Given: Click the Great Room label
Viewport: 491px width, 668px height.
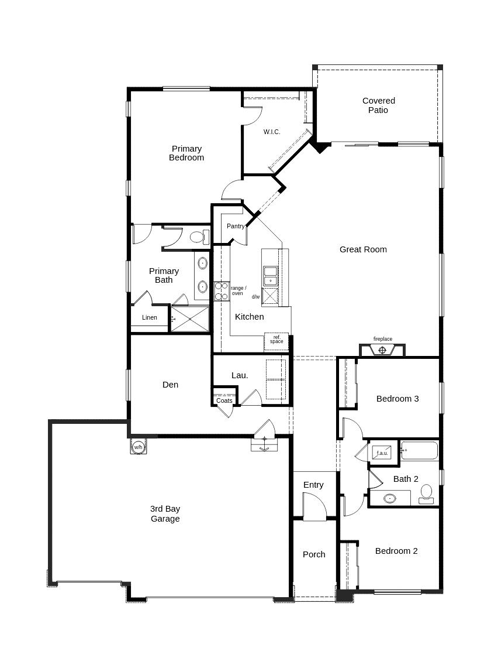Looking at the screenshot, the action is pyautogui.click(x=363, y=249).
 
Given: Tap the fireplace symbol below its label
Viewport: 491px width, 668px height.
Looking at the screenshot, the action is pyautogui.click(x=382, y=350).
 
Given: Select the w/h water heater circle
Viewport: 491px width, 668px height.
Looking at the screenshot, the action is pyautogui.click(x=138, y=447).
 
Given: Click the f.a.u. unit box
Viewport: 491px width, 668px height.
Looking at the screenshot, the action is pyautogui.click(x=382, y=453).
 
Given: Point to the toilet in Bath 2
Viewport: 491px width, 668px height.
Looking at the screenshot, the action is pyautogui.click(x=426, y=494).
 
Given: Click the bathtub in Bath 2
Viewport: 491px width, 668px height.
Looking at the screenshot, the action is pyautogui.click(x=420, y=451).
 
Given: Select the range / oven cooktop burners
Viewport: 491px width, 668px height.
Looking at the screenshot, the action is pyautogui.click(x=222, y=292).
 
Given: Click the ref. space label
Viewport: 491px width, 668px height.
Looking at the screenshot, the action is pyautogui.click(x=276, y=339).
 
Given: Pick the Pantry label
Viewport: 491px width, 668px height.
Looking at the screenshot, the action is pyautogui.click(x=236, y=226).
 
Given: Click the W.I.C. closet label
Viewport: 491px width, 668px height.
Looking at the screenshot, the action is pyautogui.click(x=272, y=132).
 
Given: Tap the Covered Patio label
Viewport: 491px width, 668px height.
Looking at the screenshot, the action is pyautogui.click(x=378, y=105).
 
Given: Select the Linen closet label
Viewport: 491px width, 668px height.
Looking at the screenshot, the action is pyautogui.click(x=149, y=317).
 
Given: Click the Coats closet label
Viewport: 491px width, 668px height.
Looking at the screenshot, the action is pyautogui.click(x=224, y=400).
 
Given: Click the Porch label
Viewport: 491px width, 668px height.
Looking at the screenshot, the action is pyautogui.click(x=314, y=554).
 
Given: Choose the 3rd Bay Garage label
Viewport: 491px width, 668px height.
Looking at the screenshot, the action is pyautogui.click(x=165, y=514).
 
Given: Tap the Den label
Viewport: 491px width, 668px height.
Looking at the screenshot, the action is pyautogui.click(x=170, y=385).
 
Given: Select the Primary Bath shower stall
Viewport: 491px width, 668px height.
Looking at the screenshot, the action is pyautogui.click(x=190, y=318).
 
